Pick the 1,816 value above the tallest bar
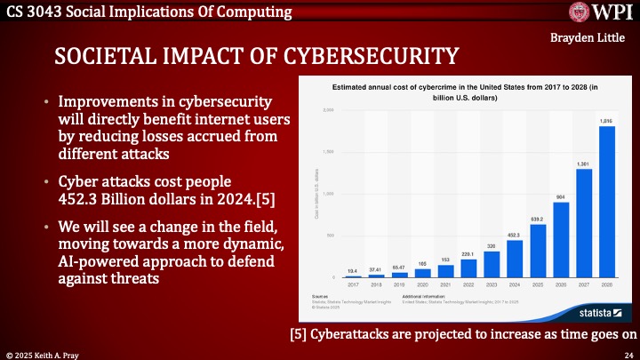point(607,121)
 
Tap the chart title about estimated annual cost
point(464,92)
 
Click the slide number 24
point(627,353)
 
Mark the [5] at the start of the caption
point(300,334)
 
